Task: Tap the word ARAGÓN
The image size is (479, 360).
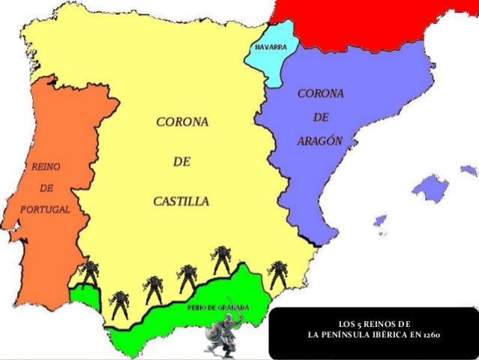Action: (321, 140)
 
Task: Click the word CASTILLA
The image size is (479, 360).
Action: (181, 201)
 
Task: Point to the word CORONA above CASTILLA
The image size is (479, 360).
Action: (181, 121)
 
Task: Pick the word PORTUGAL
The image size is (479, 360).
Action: (45, 209)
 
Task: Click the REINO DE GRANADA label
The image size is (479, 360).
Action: (217, 307)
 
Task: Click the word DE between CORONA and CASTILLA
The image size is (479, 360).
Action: (181, 161)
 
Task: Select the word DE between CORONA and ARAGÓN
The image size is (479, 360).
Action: (321, 117)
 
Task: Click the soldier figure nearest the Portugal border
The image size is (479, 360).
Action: (90, 272)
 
